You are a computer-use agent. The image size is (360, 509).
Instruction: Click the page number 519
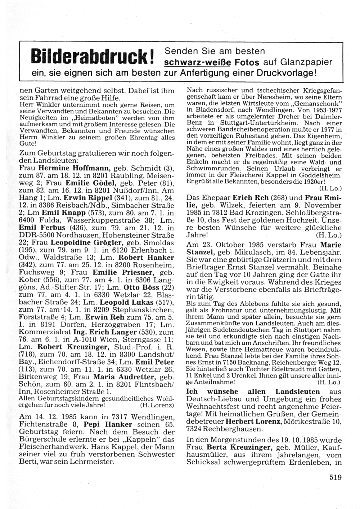click(335, 478)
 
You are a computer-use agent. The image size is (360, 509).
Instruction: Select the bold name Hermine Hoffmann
click(75, 168)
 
